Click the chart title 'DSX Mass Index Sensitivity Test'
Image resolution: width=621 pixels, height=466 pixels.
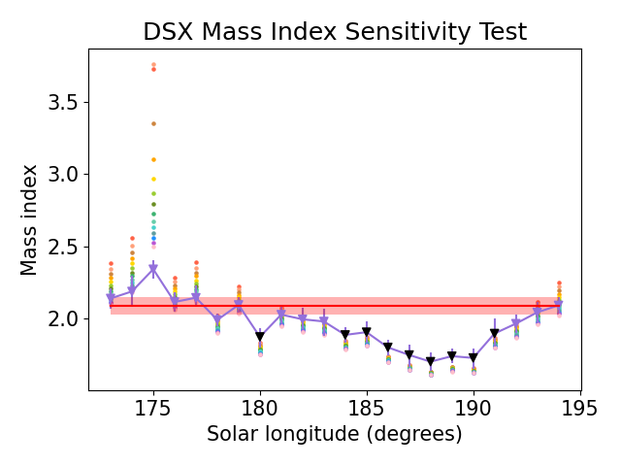point(335,32)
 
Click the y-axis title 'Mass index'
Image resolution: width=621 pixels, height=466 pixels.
point(28,220)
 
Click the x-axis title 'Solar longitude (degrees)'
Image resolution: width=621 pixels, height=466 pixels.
point(335,434)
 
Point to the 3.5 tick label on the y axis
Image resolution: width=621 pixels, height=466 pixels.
point(63,103)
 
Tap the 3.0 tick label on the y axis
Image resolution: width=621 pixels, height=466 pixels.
point(63,175)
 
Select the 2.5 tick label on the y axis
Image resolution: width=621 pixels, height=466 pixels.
point(63,247)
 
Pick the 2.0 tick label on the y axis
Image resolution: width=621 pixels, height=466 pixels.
point(63,319)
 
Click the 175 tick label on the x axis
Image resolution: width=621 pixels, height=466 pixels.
point(153,408)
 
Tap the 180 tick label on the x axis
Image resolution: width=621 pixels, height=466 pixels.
point(260,408)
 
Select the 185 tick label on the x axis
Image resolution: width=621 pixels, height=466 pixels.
point(367,408)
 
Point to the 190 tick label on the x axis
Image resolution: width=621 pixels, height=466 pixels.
point(474,408)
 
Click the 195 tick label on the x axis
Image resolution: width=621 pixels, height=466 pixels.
point(580,408)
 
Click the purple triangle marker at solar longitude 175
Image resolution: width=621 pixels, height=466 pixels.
point(153,269)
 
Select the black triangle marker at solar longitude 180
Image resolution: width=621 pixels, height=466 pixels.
point(260,337)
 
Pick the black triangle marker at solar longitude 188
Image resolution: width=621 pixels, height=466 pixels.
point(431,361)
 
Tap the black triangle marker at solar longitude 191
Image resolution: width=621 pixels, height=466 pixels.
point(495,333)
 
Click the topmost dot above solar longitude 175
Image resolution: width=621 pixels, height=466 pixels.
point(153,64)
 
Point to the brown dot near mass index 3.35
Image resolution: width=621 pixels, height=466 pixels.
point(153,124)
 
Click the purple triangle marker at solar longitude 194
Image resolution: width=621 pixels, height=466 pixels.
point(559,304)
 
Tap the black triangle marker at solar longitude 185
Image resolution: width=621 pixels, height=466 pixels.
point(367,331)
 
